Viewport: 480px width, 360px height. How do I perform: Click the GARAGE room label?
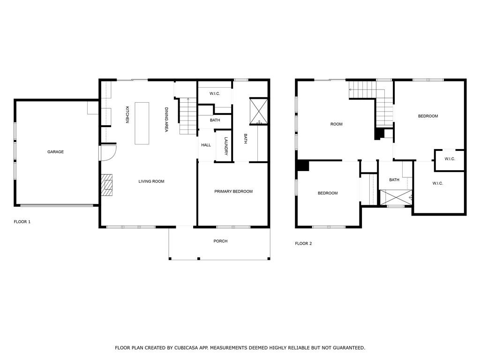coord(55,152)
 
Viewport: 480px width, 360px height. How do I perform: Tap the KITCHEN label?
coord(127,115)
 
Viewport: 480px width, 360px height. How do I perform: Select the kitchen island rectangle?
coord(142,123)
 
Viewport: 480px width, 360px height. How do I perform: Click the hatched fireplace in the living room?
coord(107,185)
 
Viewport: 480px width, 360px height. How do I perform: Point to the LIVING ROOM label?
coord(151,181)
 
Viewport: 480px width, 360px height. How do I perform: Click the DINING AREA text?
coord(166,120)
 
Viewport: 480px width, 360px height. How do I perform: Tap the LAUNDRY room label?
coord(225,146)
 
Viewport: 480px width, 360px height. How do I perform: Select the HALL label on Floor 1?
coord(206,145)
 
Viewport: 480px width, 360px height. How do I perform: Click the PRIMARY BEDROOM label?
coord(233,191)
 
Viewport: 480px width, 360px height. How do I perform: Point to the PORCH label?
coord(220,241)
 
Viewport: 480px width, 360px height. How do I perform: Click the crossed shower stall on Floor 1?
coord(258,111)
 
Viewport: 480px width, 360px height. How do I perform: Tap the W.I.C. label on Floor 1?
coord(215,94)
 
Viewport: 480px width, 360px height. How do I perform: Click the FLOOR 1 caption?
coord(22,222)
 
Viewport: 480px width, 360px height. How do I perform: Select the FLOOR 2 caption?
coord(303,244)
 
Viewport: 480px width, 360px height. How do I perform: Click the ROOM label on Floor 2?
coord(337,124)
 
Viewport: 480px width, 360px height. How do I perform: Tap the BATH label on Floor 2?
coord(394,180)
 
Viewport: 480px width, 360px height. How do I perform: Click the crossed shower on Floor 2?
coord(395,197)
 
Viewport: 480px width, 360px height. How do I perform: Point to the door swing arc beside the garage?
coord(109,152)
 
